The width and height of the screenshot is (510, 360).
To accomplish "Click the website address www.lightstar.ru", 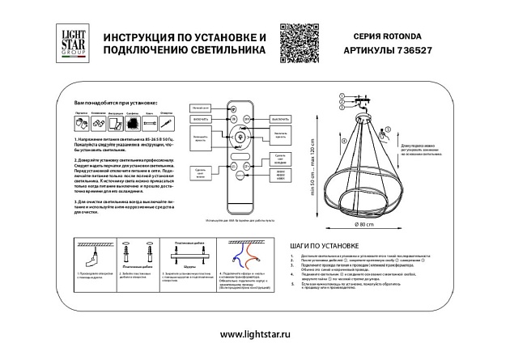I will tap(254, 334).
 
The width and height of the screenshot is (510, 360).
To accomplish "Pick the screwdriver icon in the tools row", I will tap(164, 123).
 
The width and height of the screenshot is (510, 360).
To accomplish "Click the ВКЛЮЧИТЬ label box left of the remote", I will tap(202, 118).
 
